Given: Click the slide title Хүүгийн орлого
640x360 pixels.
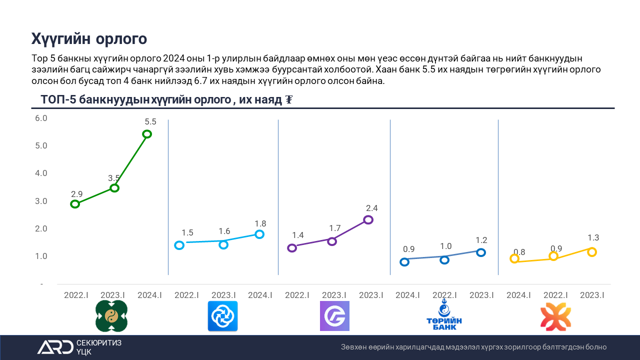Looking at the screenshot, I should coord(89,38).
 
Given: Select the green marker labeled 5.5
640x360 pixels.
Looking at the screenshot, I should coord(147,134).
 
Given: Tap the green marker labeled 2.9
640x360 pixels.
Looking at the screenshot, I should coord(75,204).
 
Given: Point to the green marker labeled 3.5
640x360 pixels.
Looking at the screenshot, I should coord(114,188).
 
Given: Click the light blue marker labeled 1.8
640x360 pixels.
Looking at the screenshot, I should coord(259,234).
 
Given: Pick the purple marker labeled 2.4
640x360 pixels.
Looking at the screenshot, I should coord(368,219).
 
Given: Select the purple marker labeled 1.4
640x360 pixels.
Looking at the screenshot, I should coord(292,248).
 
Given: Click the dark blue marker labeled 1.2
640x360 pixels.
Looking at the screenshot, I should coord(481,252).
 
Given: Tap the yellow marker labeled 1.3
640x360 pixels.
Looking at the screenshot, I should coord(592,252).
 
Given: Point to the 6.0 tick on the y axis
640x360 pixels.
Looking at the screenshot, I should coord(40,118).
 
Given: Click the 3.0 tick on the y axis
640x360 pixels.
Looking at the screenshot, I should coord(40,201).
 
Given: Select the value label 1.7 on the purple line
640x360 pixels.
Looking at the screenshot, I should coord(334,228).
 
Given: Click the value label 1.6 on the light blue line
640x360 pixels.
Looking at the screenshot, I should coord(224,231).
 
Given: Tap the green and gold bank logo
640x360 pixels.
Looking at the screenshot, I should coord(111,316).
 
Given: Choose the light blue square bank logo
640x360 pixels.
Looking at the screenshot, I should coord(222,316).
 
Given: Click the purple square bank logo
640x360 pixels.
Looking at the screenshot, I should coord(334,316).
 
